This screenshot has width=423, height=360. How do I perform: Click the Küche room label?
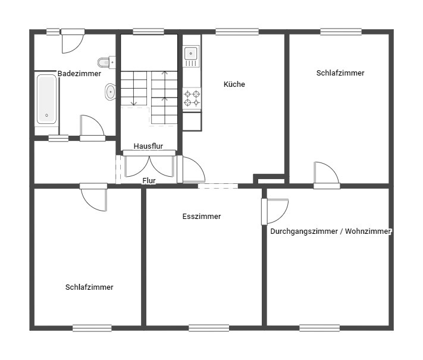[x=234, y=84]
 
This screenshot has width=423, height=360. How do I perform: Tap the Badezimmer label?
[x=79, y=74]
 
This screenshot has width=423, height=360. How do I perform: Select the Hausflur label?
[x=148, y=146]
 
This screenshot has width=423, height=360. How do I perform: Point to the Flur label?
[x=149, y=180]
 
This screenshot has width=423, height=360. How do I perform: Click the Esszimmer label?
[x=202, y=217]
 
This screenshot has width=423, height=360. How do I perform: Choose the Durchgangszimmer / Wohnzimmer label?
[x=331, y=231]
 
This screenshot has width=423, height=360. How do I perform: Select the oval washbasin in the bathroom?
[x=110, y=92]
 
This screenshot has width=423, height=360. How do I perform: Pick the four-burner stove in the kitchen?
[x=192, y=98]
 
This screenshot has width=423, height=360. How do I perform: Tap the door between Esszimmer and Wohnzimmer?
[x=274, y=211]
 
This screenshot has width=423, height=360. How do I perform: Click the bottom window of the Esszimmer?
[x=209, y=327]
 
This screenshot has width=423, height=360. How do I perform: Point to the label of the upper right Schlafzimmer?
[x=340, y=73]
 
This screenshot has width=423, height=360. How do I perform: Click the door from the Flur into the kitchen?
[x=192, y=170]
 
